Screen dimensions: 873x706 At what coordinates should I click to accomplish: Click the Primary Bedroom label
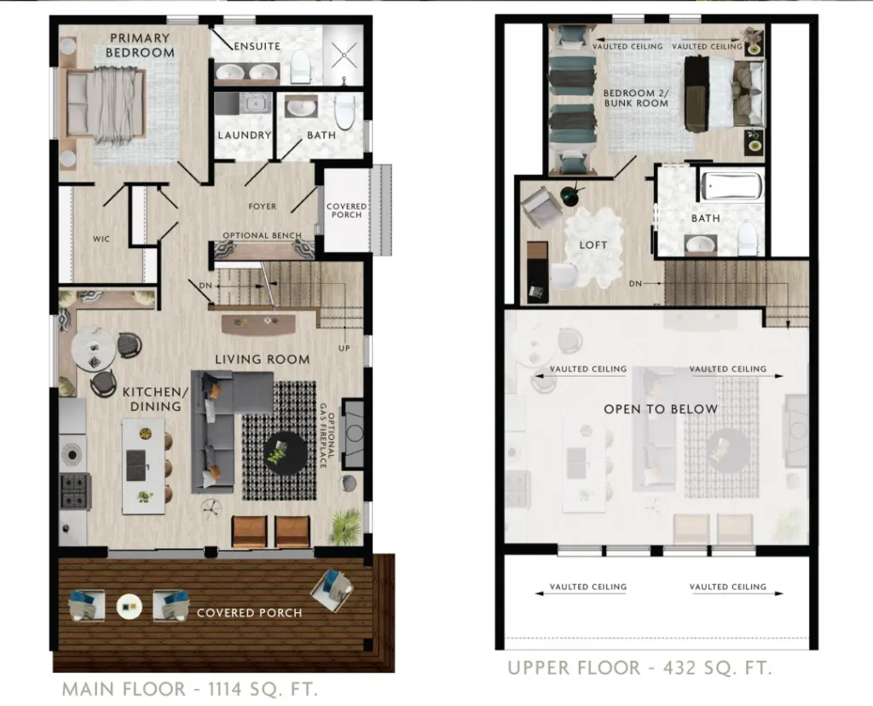(140, 45)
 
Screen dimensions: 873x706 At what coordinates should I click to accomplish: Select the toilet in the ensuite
(301, 66)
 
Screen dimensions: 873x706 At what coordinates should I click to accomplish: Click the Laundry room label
(245, 135)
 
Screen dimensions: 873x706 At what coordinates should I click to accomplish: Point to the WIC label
(101, 239)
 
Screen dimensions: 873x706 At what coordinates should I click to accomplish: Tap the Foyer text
(263, 206)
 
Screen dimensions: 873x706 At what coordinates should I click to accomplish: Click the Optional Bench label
(262, 235)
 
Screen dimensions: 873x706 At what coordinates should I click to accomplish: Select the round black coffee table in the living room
(285, 453)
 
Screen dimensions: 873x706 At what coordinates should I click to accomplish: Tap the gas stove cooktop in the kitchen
(75, 490)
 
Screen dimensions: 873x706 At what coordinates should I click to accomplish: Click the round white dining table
(94, 349)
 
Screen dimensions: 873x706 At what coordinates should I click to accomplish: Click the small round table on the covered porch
(130, 606)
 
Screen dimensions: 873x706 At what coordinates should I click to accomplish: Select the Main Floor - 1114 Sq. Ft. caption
(190, 689)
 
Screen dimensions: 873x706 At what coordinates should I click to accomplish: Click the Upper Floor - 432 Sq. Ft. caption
(639, 668)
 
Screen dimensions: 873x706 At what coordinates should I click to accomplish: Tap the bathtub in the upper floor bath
(731, 186)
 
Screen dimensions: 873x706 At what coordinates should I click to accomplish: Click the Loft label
(593, 245)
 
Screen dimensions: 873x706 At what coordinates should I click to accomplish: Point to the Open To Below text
(661, 409)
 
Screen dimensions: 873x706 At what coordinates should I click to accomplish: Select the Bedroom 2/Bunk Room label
(636, 98)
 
